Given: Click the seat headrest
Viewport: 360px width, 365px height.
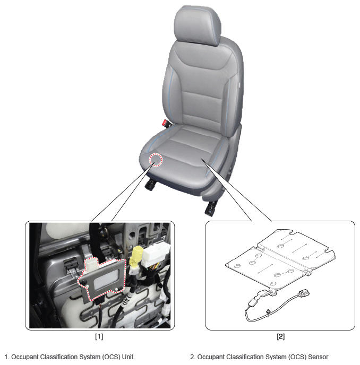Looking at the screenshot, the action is click(x=197, y=25).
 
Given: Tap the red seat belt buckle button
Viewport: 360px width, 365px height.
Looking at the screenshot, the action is click(x=165, y=122).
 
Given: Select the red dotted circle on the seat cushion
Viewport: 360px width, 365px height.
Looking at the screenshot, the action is click(x=156, y=160).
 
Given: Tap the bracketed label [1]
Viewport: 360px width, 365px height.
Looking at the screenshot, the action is click(x=99, y=336).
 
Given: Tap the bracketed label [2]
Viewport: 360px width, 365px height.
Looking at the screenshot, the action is click(x=280, y=336).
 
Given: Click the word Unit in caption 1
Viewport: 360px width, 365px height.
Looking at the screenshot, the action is click(x=127, y=357).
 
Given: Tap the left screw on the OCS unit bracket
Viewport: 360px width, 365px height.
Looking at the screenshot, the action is click(x=83, y=283).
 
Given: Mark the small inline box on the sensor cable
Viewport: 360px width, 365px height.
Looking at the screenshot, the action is click(x=252, y=302).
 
